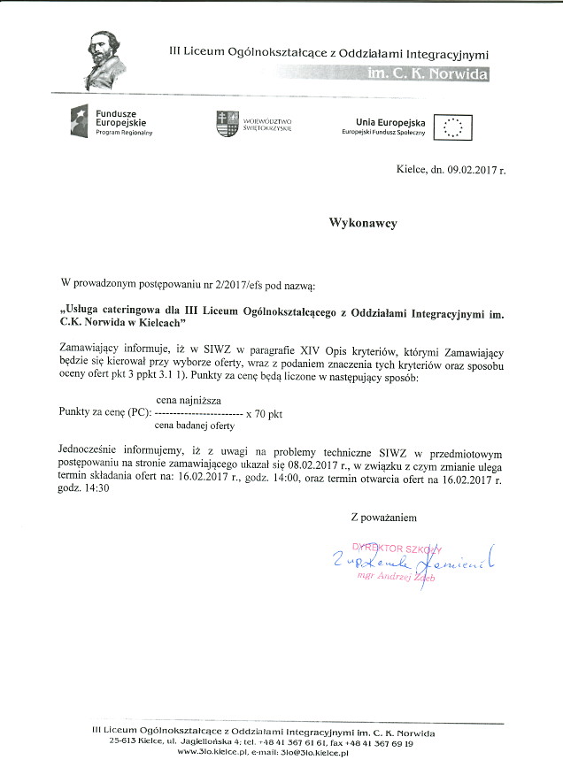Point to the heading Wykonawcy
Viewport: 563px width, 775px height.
(x=363, y=224)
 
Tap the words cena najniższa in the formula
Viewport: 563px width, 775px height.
(x=189, y=401)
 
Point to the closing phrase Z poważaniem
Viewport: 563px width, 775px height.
(x=382, y=517)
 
